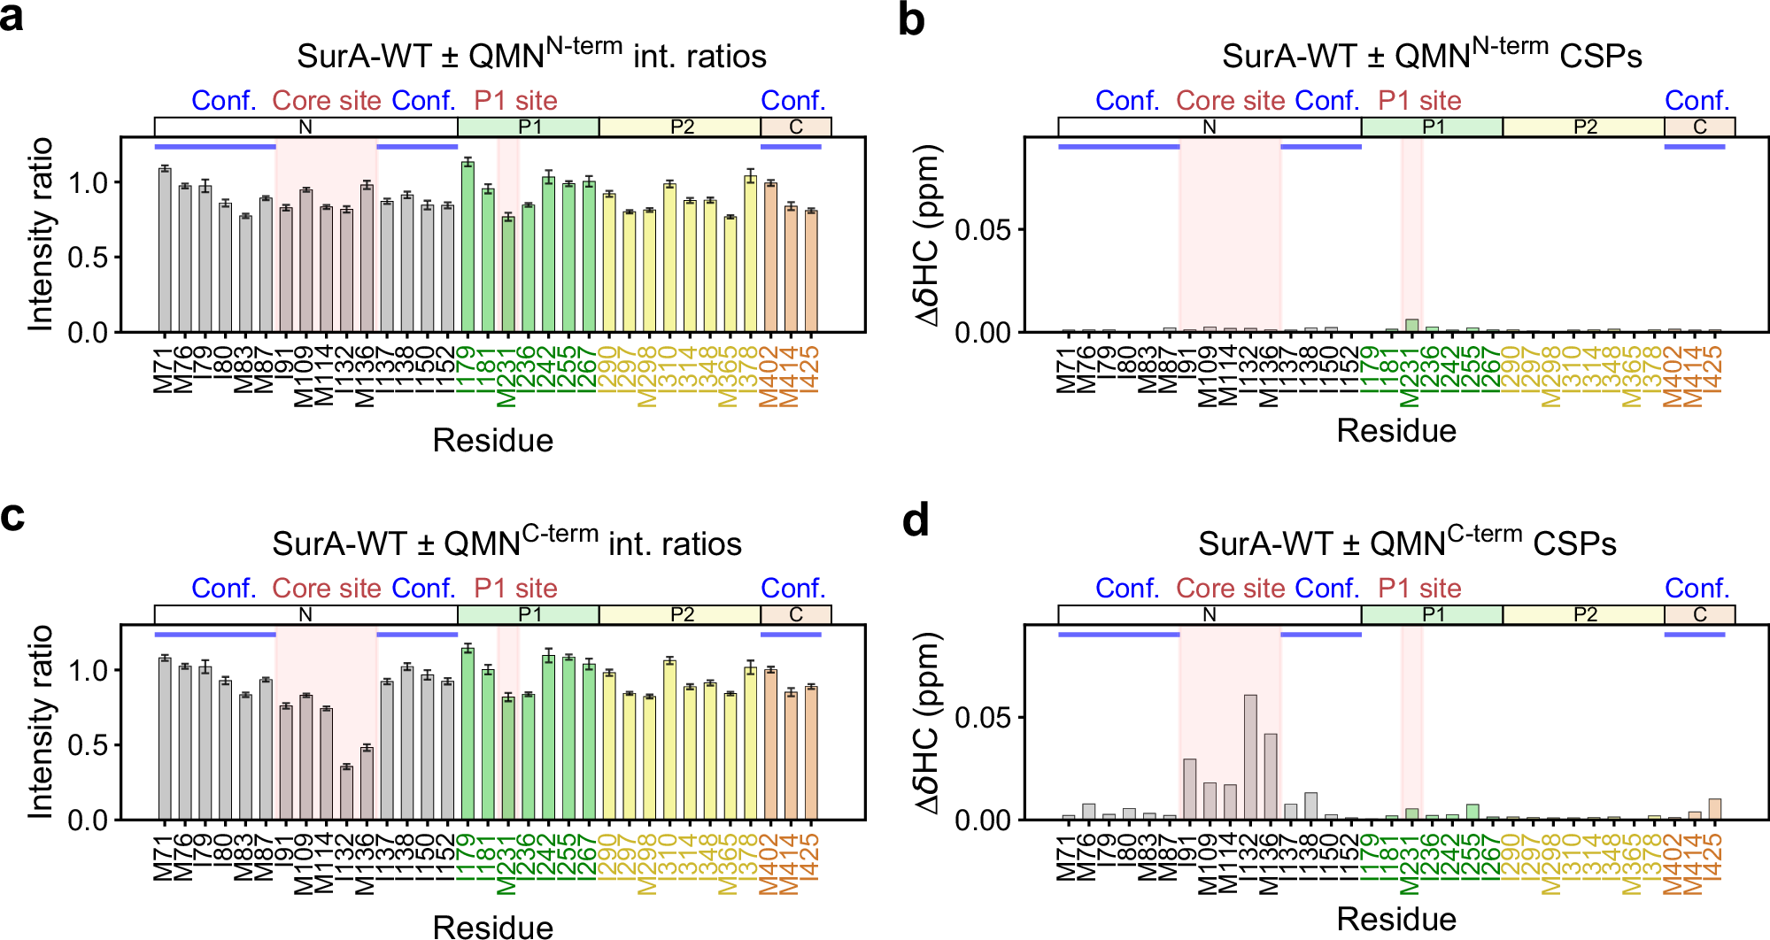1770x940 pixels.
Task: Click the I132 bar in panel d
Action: point(1250,758)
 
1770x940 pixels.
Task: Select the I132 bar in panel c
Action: point(346,792)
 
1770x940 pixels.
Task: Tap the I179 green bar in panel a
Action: point(468,247)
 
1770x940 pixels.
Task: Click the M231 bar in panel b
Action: point(1411,326)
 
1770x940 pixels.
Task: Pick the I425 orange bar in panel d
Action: point(1714,810)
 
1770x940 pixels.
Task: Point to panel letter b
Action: point(911,19)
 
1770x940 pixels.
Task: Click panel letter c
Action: point(12,516)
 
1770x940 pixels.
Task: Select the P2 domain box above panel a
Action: point(680,127)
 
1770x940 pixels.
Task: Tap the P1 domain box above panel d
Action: point(1432,614)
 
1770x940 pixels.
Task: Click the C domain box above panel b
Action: point(1699,127)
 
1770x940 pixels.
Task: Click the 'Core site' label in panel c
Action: point(326,589)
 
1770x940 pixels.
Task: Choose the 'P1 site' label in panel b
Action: point(1418,101)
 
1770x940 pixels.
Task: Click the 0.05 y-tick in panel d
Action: point(982,718)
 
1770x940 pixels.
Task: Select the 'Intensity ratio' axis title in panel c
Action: point(41,721)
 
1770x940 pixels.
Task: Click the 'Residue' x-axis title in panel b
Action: point(1395,431)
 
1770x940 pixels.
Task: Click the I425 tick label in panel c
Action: point(810,859)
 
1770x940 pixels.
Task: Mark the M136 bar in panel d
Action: point(1271,776)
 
